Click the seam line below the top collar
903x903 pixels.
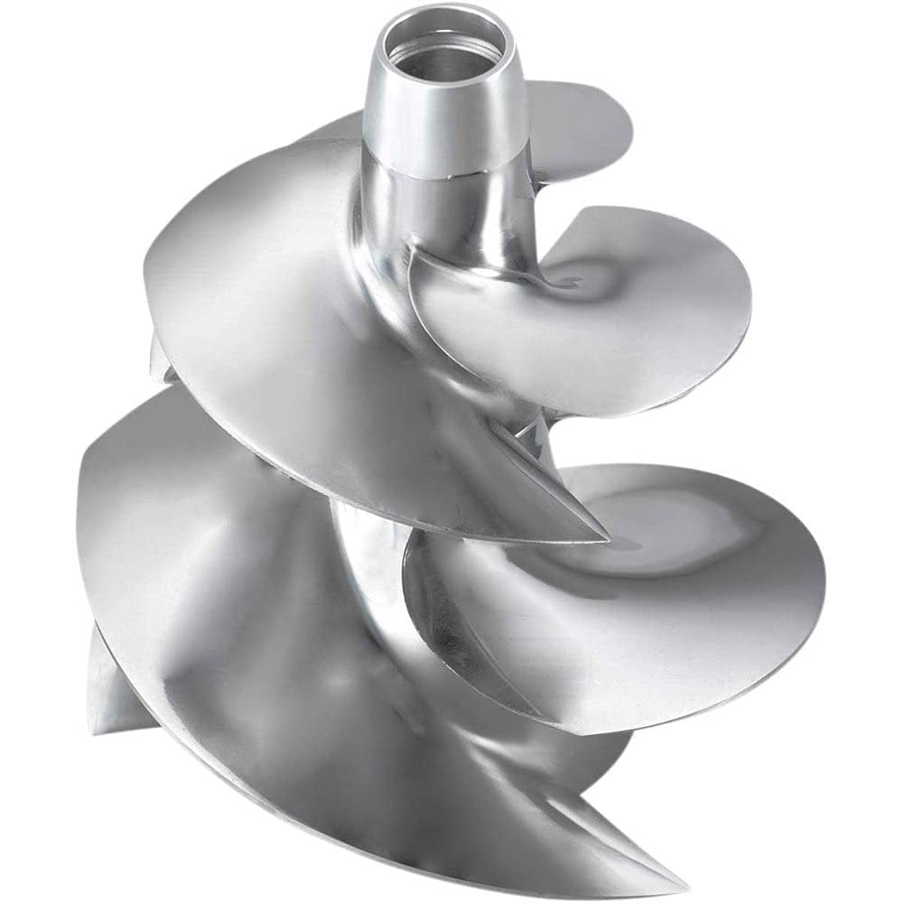[x=451, y=172]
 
